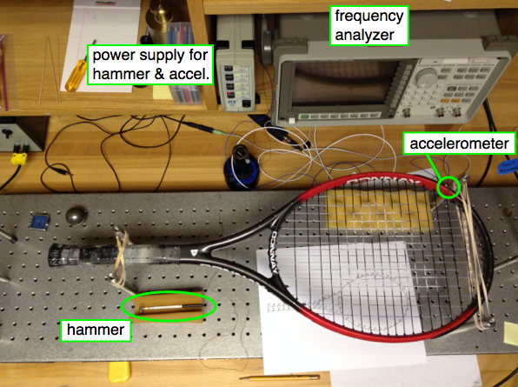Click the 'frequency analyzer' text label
pyautogui.click(x=369, y=25)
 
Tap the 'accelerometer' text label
pyautogui.click(x=459, y=143)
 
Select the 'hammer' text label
pyautogui.click(x=96, y=330)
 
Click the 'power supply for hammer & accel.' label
pyautogui.click(x=150, y=64)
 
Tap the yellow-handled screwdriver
pyautogui.click(x=76, y=71)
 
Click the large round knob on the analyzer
pyautogui.click(x=426, y=77)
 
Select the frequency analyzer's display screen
pyautogui.click(x=343, y=83)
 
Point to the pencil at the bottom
pyautogui.click(x=280, y=377)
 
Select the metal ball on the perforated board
pyautogui.click(x=76, y=215)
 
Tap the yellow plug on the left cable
pyautogui.click(x=18, y=158)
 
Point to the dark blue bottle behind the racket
pyautogui.click(x=241, y=168)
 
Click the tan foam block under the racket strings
pyautogui.click(x=378, y=210)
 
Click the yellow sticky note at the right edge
pyautogui.click(x=511, y=334)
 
